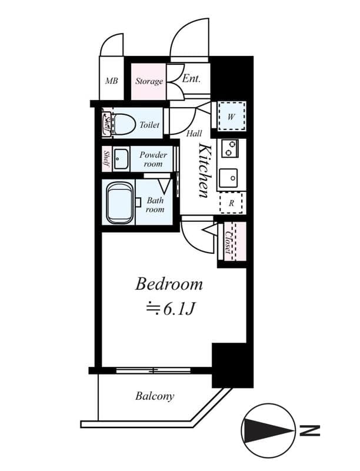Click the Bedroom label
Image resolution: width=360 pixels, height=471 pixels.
point(169,284)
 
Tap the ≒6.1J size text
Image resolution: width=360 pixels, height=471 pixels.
point(170,308)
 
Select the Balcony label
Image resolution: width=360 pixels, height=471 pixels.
point(155,396)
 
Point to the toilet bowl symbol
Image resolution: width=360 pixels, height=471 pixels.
point(124,124)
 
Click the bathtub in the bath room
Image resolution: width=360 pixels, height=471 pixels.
point(120,203)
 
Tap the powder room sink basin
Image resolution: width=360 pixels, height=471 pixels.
point(121,158)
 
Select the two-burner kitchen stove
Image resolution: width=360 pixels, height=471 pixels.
point(230,148)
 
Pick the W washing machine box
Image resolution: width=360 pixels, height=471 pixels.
point(231,117)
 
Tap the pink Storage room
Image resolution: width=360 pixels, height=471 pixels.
point(148,81)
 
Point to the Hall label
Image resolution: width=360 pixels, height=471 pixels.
point(194,134)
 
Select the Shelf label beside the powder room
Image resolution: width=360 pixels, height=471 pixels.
point(106,159)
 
